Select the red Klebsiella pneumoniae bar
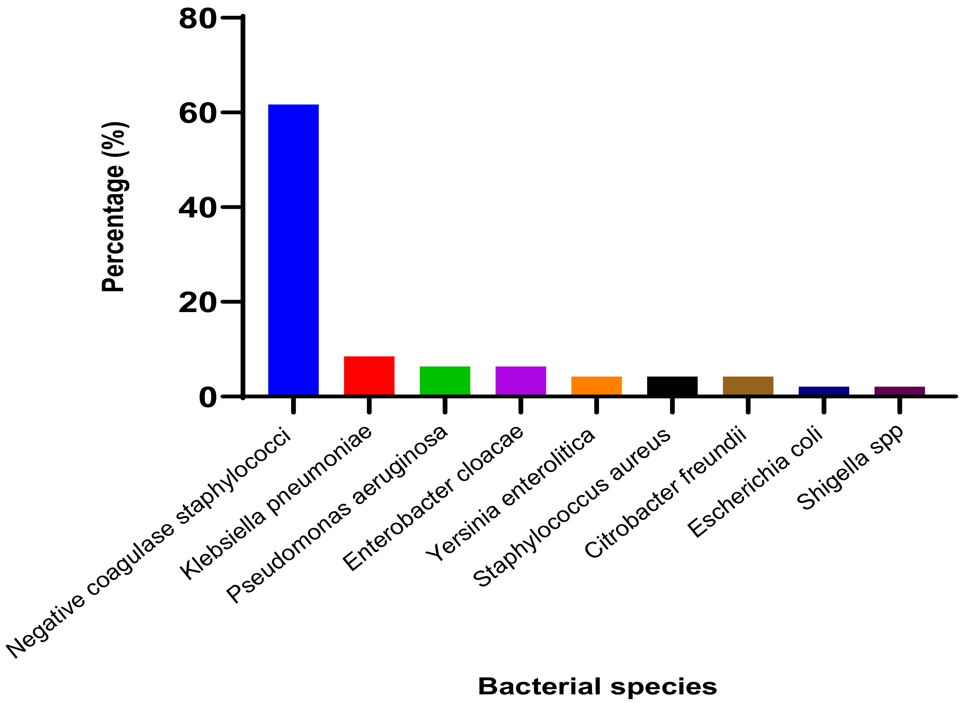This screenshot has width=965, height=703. pos(369,376)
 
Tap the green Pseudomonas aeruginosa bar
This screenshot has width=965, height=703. pos(445,381)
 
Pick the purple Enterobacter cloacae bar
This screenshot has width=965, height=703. pos(520,381)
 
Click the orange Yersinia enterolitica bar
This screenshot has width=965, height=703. pos(596,386)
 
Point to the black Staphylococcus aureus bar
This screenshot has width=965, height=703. pos(672,386)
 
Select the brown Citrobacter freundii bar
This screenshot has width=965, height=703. pos(748,386)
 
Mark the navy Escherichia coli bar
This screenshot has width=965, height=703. pos(823,391)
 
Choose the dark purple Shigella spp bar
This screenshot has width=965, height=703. pos(899,391)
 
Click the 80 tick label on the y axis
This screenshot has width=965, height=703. pos(197,19)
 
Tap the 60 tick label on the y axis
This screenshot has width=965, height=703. pos(197,114)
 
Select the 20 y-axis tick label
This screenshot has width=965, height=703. pos(197,303)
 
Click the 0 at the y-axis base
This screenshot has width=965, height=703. pos(207,398)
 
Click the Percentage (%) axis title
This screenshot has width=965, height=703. pos(114,207)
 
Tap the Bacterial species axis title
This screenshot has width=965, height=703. pos(597,686)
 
